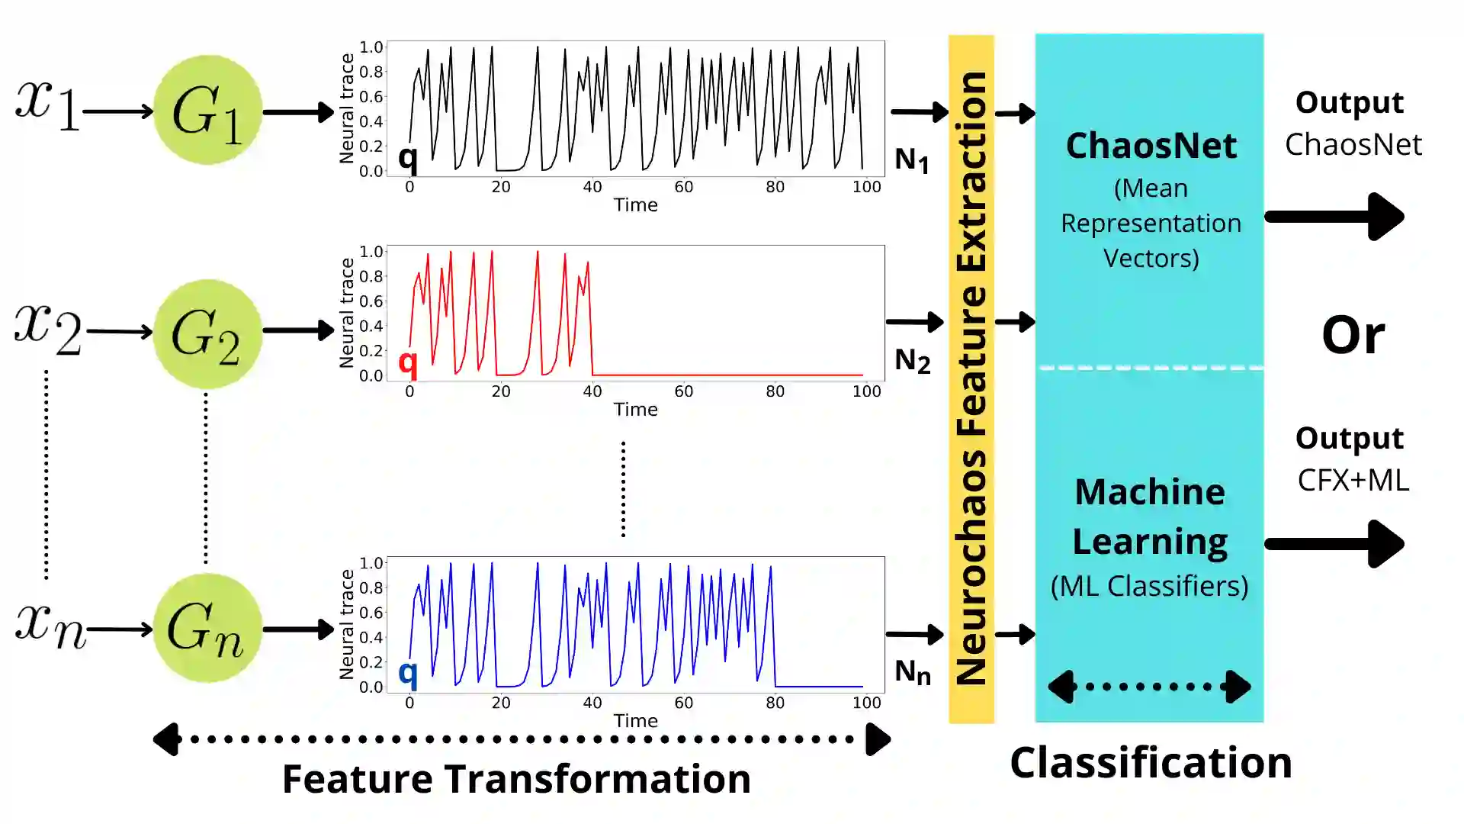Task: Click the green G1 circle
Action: [207, 110]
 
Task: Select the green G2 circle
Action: [207, 333]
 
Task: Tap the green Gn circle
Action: [207, 628]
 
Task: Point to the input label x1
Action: [47, 105]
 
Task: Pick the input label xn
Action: [50, 626]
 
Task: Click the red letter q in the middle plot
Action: [408, 362]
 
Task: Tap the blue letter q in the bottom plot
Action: [408, 674]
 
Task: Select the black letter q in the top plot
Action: [408, 158]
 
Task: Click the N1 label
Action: [912, 161]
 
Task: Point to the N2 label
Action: [912, 361]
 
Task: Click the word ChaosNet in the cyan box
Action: [1151, 146]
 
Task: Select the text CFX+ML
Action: [1353, 480]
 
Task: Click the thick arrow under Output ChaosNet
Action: [1334, 217]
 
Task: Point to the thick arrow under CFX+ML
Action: [1334, 544]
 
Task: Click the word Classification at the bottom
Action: [1151, 762]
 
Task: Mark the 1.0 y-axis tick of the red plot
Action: [371, 252]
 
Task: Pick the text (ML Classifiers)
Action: [1149, 586]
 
